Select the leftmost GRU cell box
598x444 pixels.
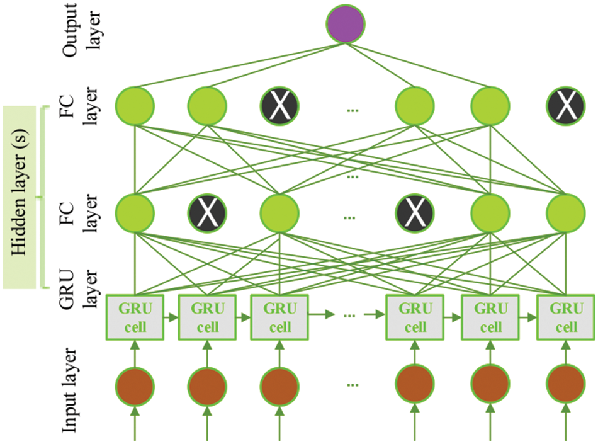(x=134, y=317)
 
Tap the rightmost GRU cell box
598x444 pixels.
(x=566, y=317)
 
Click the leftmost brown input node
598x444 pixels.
(x=134, y=385)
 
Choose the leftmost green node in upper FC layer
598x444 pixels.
(x=134, y=105)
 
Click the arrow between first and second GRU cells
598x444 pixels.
(x=171, y=318)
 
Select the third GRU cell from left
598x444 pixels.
(x=279, y=317)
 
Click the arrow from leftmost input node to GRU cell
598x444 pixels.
(x=134, y=350)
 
